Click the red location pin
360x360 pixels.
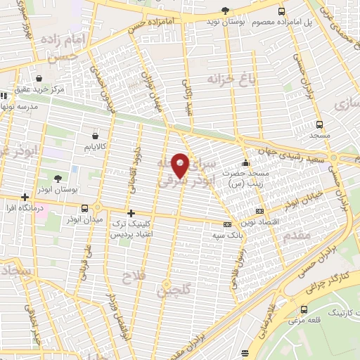[x=181, y=165]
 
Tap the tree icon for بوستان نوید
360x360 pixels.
[x=225, y=10]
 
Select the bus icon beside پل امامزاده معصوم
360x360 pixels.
[x=282, y=12]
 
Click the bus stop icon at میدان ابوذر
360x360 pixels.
[x=85, y=209]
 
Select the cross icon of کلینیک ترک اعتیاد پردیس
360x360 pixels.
[x=130, y=212]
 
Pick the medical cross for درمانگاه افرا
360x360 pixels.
[x=26, y=197]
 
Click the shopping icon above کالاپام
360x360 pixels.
[x=95, y=136]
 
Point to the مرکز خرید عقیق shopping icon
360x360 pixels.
[x=39, y=78]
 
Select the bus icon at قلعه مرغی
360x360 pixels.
[x=304, y=310]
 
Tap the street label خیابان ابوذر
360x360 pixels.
[x=303, y=198]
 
